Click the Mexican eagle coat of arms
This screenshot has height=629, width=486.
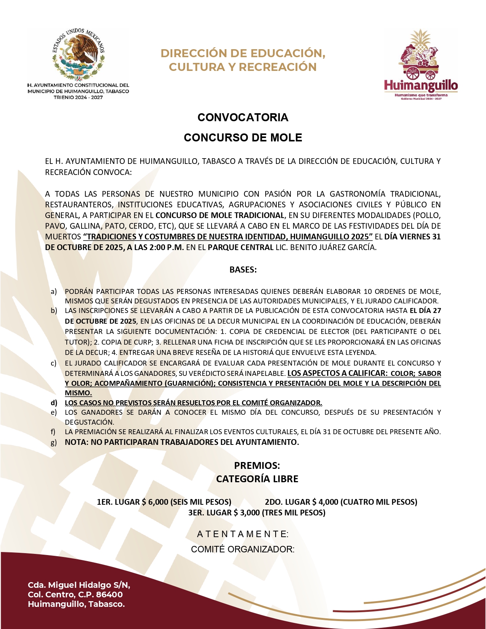(79, 53)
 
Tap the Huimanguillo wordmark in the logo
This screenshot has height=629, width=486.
(421, 85)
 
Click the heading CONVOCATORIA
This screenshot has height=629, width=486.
(243, 117)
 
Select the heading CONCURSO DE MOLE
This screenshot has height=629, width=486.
(243, 138)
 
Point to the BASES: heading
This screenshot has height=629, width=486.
(243, 270)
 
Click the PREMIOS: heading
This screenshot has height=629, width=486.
(257, 465)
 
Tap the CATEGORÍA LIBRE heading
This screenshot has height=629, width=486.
(257, 479)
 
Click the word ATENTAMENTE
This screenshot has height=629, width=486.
(242, 534)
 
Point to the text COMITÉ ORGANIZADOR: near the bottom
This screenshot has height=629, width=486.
(242, 549)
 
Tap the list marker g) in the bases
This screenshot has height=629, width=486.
(54, 442)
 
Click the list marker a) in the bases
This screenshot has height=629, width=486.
(54, 292)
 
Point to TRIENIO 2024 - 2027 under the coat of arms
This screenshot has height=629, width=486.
(78, 98)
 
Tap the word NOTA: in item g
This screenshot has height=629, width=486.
(77, 442)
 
